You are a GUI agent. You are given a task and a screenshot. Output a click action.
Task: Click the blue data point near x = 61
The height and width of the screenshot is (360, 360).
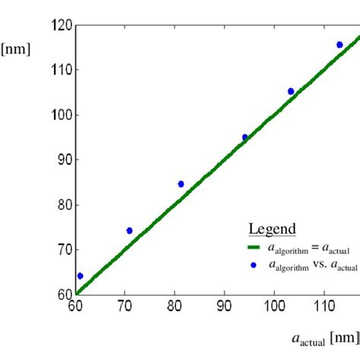[81, 276]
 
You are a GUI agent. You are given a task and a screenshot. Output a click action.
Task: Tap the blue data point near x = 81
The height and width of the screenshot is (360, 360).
[181, 184]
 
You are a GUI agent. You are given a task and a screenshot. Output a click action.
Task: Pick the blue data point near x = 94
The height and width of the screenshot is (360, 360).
[245, 137]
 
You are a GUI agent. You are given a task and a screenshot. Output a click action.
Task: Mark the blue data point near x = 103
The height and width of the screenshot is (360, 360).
[291, 91]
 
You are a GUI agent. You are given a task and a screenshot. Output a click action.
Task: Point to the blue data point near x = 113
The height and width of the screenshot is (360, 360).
[339, 45]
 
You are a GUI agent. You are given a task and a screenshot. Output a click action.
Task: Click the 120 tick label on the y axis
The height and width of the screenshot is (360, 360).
[62, 25]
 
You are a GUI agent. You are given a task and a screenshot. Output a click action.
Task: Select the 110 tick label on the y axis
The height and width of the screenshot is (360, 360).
[62, 70]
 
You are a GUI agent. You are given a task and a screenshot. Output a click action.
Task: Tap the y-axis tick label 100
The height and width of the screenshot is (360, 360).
[62, 115]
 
